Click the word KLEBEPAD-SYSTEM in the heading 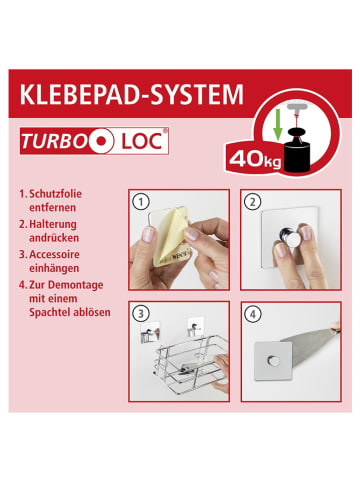click(x=132, y=95)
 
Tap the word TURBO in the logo click(x=53, y=141)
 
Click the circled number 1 click(x=141, y=202)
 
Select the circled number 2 click(x=253, y=202)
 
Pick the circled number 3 click(x=141, y=314)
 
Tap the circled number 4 click(x=253, y=314)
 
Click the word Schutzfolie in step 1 click(x=55, y=194)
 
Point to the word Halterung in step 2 click(x=53, y=224)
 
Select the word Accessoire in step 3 click(x=54, y=255)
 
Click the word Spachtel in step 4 click(x=48, y=313)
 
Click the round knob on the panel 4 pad click(x=274, y=361)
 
